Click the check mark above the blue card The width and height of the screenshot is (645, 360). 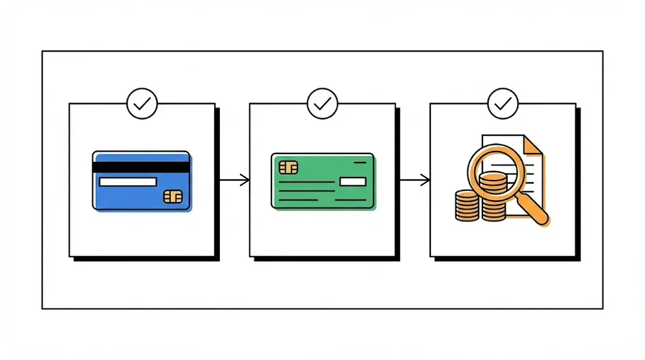(141, 103)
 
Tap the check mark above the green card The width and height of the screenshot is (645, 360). (322, 103)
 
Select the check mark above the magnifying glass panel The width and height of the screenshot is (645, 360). (502, 103)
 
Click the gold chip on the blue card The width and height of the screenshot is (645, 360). (173, 195)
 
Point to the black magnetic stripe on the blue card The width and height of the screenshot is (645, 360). (141, 167)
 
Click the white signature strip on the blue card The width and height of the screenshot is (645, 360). (128, 182)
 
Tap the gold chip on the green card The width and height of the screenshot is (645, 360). (288, 168)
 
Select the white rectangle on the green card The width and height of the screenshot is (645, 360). (352, 181)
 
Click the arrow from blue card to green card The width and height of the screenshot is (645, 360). (234, 180)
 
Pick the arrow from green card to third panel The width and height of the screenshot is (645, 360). (415, 180)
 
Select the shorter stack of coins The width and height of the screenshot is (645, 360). (467, 206)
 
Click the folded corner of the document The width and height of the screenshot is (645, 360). (532, 145)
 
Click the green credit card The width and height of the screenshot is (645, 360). (322, 181)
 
